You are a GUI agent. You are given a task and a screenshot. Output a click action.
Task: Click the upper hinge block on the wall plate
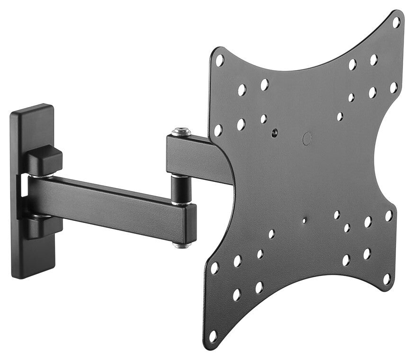click(44, 160)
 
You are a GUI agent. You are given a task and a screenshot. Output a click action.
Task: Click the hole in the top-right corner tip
click(396, 22)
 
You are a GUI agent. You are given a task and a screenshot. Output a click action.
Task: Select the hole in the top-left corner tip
click(219, 60)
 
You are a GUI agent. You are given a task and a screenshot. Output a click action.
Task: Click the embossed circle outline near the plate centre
click(307, 138)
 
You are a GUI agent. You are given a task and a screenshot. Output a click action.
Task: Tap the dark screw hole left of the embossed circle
click(275, 133)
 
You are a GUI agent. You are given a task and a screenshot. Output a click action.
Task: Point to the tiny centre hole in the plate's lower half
click(304, 221)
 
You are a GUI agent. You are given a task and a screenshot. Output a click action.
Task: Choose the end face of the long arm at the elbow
click(190, 223)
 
